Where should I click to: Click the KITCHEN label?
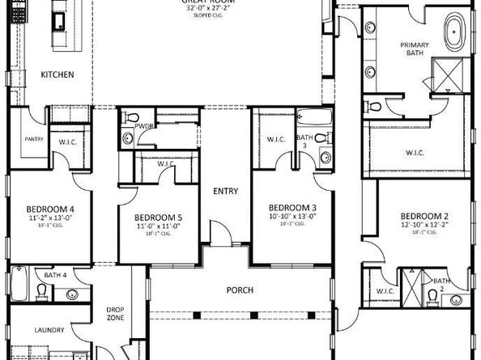(x=57, y=75)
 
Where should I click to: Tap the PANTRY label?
(x=33, y=138)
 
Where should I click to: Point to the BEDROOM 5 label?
(x=158, y=218)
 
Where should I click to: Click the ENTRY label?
(x=225, y=191)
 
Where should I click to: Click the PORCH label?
(x=240, y=290)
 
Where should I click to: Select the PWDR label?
(x=146, y=127)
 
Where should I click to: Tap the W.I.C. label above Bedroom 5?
(x=166, y=164)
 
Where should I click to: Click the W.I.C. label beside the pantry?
(x=67, y=143)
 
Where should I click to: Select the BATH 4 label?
(x=55, y=276)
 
